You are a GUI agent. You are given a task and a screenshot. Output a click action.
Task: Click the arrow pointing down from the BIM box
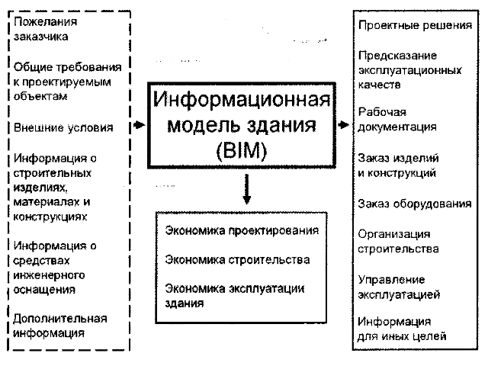(x=247, y=189)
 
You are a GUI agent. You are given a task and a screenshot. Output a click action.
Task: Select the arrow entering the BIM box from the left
(x=139, y=125)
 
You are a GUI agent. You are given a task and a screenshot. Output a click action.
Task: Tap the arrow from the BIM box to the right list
(x=343, y=125)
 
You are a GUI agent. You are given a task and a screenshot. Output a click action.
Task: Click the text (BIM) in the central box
(x=242, y=151)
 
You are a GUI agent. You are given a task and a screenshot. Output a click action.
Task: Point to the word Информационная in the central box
(x=242, y=100)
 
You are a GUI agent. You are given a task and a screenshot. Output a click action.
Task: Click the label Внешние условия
(x=63, y=127)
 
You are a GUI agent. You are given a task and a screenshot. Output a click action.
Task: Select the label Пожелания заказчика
(x=45, y=29)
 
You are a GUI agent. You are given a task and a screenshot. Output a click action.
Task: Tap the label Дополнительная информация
(x=60, y=326)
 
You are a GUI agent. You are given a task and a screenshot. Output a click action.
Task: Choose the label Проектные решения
(x=415, y=25)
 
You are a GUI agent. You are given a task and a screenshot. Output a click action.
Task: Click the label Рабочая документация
(x=397, y=119)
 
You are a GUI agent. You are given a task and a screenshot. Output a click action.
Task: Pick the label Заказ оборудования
(x=415, y=204)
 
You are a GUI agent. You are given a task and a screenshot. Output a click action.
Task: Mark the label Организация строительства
(x=398, y=242)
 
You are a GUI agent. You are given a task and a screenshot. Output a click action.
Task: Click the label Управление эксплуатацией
(x=399, y=287)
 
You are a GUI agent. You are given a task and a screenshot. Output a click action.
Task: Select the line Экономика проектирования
(x=242, y=230)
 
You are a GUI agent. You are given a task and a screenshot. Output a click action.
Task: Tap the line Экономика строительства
(x=237, y=259)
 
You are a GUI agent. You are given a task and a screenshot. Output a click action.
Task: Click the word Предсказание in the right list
(x=397, y=56)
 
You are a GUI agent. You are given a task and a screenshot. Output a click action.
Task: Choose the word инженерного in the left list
(x=49, y=275)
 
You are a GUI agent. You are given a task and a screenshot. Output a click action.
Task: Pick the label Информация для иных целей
(x=402, y=329)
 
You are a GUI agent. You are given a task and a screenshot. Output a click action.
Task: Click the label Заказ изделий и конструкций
(x=398, y=165)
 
